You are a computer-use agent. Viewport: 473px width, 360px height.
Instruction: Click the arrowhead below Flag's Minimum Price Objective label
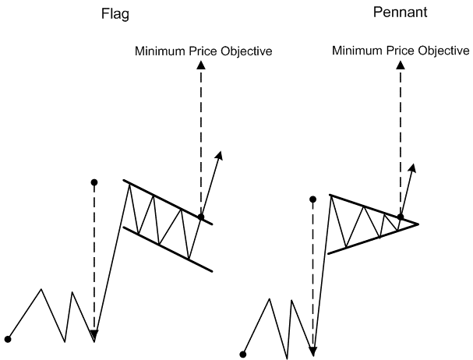201,67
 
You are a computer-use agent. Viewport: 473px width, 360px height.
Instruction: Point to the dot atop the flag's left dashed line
94,183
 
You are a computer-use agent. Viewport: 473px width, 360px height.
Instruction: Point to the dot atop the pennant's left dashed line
313,199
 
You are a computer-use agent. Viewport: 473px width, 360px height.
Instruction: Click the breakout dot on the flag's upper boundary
200,217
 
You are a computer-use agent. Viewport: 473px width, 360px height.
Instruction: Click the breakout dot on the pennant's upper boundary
400,217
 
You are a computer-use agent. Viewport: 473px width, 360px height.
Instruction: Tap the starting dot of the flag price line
8,339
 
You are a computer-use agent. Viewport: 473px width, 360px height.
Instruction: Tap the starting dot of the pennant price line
243,354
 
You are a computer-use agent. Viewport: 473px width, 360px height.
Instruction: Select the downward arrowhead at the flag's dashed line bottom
94,335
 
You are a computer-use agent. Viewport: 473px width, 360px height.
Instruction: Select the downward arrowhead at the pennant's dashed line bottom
313,351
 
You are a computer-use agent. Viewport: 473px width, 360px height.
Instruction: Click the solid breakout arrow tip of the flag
220,154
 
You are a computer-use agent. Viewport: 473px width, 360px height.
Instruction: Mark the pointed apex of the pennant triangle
418,224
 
